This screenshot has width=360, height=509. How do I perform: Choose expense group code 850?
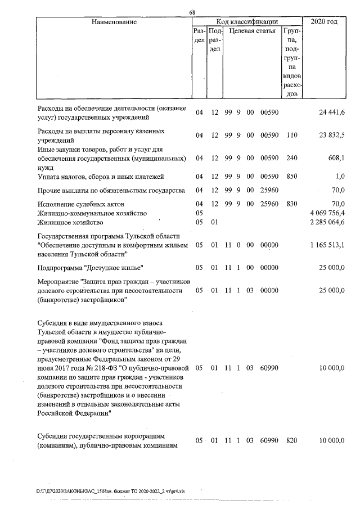click(x=291, y=176)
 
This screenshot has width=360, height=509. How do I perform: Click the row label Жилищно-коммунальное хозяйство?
click(x=92, y=213)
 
